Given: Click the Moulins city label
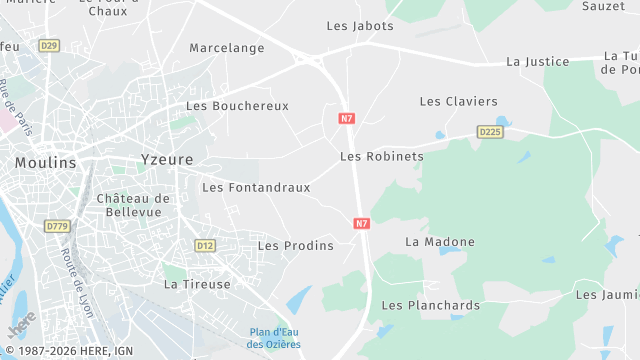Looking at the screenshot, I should point(45,162).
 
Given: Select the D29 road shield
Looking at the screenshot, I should point(49,46).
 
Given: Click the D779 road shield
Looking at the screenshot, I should point(57,227).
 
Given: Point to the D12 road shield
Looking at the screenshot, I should point(205,245).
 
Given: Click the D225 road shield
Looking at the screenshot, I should point(489,132).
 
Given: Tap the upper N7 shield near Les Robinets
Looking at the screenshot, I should point(347,118).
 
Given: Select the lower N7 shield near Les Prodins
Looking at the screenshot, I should point(362,224).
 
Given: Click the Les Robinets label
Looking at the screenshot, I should point(382,156).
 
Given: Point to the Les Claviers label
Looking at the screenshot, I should point(458,101).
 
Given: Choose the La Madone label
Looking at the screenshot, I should point(440,242).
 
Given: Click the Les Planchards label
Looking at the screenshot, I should point(431,305).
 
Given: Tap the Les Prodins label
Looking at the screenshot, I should point(296,245).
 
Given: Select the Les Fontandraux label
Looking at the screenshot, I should point(256,187).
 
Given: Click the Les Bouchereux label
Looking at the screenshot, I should point(237,106).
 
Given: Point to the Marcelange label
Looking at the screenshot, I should point(227,48).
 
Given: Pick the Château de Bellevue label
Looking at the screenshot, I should point(134,205).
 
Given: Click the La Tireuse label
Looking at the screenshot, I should point(197,284).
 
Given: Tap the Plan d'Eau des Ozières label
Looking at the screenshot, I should point(275,338).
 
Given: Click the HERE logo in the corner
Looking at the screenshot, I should point(19,326).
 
